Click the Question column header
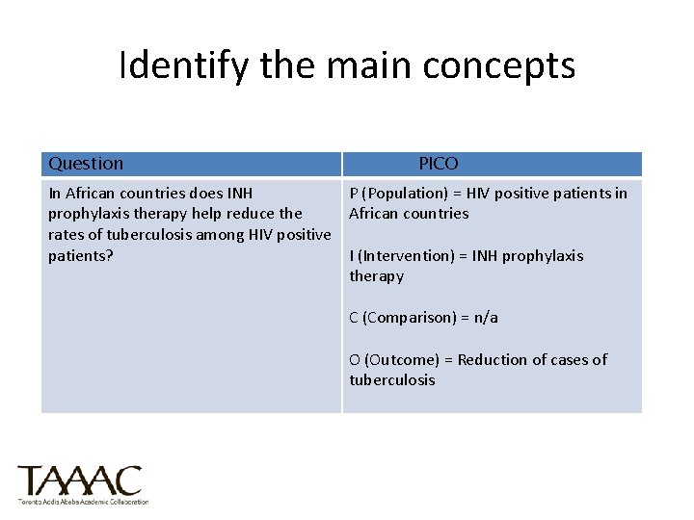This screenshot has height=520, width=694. click(x=86, y=164)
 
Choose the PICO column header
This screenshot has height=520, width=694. click(x=439, y=164)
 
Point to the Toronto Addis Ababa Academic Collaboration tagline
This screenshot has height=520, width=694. click(x=83, y=502)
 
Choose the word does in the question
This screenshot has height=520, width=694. click(x=196, y=194)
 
